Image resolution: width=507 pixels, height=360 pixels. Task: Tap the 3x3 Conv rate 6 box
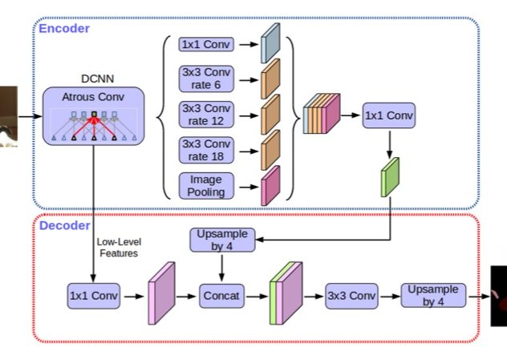206,79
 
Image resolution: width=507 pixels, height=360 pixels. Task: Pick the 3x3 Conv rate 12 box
206,114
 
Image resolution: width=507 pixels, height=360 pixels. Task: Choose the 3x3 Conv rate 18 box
206,149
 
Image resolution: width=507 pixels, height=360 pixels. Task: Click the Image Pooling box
206,184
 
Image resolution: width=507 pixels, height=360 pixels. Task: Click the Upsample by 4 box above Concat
221,240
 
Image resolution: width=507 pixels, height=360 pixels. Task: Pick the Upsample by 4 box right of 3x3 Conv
432,296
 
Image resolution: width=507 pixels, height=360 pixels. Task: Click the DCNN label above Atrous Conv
95,79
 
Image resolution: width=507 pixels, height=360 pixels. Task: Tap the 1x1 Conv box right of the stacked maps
389,115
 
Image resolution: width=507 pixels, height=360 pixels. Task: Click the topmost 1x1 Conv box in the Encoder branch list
206,44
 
